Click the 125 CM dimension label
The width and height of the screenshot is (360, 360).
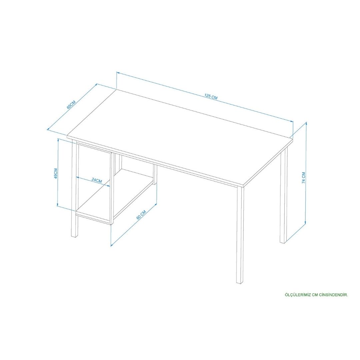pyautogui.click(x=211, y=96)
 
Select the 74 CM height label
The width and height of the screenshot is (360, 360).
pyautogui.click(x=304, y=177)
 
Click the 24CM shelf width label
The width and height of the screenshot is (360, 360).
pyautogui.click(x=97, y=180)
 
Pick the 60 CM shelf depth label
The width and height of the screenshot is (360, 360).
pyautogui.click(x=141, y=214)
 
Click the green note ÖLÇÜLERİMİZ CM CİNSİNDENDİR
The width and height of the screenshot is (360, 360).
pyautogui.click(x=316, y=295)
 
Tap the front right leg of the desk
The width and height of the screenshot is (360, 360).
pyautogui.click(x=240, y=234)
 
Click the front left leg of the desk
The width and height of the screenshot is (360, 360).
pyautogui.click(x=74, y=188)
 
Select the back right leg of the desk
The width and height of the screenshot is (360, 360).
pyautogui.click(x=284, y=195)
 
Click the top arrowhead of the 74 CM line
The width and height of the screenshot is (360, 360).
pyautogui.click(x=306, y=124)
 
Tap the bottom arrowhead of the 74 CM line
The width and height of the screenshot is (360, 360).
pyautogui.click(x=306, y=223)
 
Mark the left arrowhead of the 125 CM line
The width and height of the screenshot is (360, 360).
pyautogui.click(x=118, y=73)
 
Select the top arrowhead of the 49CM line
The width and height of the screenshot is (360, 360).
pyautogui.click(x=59, y=140)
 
